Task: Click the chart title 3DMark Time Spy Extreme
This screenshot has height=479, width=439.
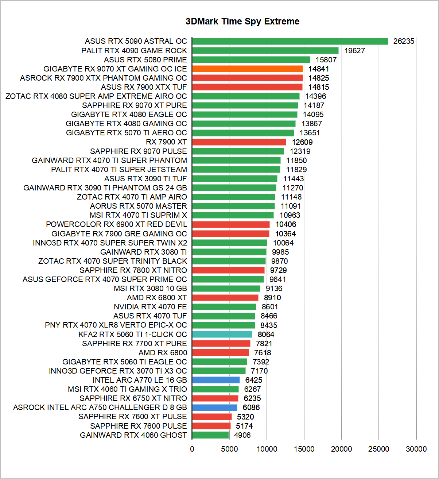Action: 242,22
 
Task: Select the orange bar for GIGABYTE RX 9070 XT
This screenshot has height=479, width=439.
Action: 247,69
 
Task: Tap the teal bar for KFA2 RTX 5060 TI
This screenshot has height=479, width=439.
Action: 222,334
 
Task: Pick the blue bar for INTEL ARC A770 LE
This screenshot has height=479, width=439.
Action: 216,380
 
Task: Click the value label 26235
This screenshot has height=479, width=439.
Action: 404,41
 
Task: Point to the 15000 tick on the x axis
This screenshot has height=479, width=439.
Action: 304,449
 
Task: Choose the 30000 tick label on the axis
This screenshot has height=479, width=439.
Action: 416,449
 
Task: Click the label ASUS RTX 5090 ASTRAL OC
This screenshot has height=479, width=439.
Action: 136,41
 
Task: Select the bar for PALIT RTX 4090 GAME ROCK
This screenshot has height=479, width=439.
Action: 265,50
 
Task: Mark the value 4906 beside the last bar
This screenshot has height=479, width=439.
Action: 242,435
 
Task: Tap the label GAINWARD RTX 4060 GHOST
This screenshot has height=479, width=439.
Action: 133,435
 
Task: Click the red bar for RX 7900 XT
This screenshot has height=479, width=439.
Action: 239,142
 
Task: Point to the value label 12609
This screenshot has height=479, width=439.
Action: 302,142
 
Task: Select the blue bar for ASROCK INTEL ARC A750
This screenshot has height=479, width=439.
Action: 214,407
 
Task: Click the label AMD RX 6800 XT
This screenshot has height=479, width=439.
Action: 157,297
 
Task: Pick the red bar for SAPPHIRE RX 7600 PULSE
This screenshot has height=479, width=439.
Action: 211,426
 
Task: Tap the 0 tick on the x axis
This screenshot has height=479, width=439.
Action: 192,449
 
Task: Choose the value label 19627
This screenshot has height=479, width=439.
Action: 355,50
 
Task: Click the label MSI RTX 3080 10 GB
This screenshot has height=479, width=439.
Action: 150,288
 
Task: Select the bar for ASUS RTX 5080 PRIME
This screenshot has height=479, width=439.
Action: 251,59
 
